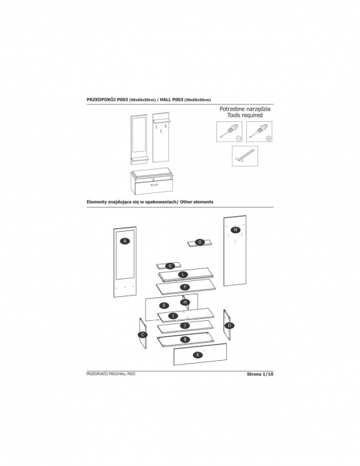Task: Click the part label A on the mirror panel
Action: click(x=125, y=241)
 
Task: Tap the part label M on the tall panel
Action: click(x=236, y=230)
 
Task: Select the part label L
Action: click(x=183, y=274)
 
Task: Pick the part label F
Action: click(x=185, y=287)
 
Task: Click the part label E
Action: click(x=164, y=306)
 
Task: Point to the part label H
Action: click(x=185, y=302)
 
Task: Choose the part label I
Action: click(x=173, y=316)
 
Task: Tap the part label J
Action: click(x=185, y=326)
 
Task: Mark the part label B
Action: click(x=185, y=340)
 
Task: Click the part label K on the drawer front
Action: click(x=198, y=355)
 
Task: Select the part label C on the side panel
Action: click(x=143, y=335)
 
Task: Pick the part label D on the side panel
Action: click(x=230, y=326)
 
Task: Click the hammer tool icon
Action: click(x=245, y=156)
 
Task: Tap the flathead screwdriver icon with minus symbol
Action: click(x=230, y=131)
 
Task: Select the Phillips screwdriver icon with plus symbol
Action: click(x=260, y=131)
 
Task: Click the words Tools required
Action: click(x=245, y=115)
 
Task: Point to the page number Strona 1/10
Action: click(x=260, y=374)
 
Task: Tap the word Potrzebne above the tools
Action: click(x=231, y=109)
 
